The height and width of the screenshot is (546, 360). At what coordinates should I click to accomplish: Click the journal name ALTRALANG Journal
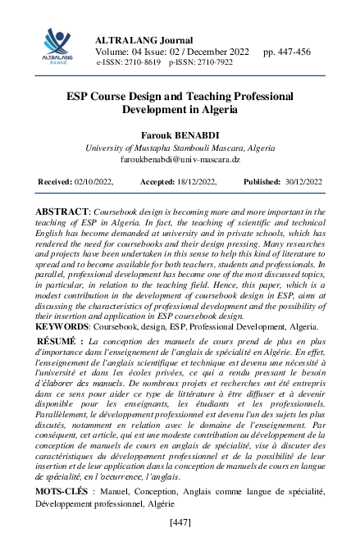pos(144,40)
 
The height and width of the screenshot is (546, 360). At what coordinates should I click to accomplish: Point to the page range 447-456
pos(287,52)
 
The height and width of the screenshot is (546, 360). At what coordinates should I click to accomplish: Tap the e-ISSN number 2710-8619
pos(142,62)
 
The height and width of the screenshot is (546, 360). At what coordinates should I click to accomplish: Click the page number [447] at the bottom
pos(180,522)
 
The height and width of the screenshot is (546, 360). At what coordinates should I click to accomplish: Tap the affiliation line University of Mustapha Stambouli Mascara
pos(154,148)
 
